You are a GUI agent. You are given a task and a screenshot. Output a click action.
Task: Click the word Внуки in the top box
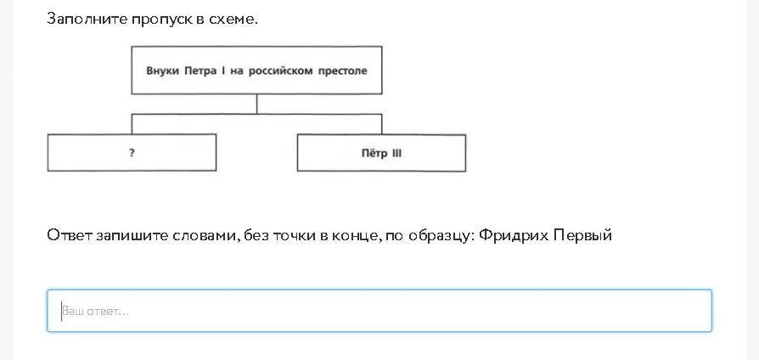coord(162,70)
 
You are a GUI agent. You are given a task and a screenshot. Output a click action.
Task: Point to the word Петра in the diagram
coord(201,70)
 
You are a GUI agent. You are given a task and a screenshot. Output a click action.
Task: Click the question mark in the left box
coord(132,154)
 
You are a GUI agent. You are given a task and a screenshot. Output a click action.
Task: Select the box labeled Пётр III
coord(381,153)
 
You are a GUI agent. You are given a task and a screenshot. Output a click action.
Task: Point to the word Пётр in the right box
coord(374,154)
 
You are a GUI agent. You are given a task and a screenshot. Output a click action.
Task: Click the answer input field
coord(379,311)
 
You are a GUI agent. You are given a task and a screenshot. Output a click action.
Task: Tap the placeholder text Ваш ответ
coord(95,312)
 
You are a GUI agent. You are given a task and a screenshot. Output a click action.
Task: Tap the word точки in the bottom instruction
coord(293,235)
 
